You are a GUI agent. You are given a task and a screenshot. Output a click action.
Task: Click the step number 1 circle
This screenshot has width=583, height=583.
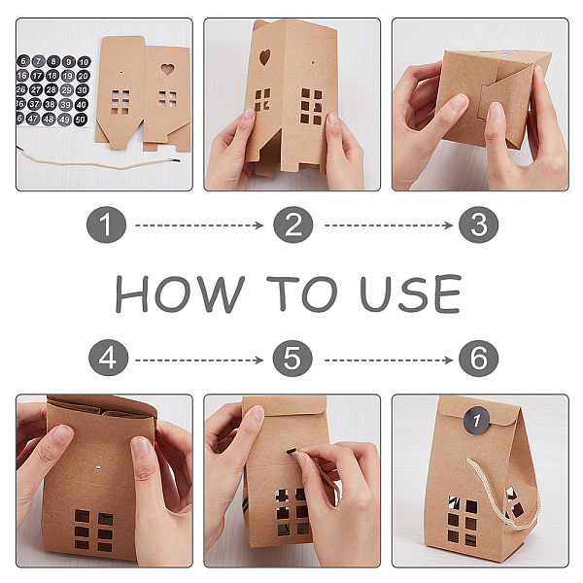click(106, 225)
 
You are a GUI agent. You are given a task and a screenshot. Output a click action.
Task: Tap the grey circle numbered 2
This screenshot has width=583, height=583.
click(293, 225)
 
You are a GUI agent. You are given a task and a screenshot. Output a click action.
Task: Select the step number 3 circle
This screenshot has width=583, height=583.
click(478, 225)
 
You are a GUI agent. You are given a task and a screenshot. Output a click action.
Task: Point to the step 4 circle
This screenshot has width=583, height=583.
click(108, 358)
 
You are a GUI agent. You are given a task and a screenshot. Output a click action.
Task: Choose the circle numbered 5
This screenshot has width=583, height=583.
click(292, 358)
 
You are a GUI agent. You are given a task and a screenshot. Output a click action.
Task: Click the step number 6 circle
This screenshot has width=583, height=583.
click(478, 358)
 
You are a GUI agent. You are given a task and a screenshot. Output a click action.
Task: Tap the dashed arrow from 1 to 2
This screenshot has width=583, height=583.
click(199, 225)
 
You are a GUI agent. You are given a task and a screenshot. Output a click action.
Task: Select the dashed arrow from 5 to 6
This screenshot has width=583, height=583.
click(389, 360)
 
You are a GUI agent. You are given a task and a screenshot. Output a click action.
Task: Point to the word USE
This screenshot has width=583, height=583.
click(411, 293)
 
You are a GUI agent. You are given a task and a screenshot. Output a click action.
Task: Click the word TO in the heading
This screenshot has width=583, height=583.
click(302, 293)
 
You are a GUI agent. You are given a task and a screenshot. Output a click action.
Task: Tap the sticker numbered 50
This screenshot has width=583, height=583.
click(81, 120)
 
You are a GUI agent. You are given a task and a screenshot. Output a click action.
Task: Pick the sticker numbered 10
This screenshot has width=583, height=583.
click(84, 62)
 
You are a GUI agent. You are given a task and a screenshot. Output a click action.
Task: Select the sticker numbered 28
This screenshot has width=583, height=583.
click(51, 89)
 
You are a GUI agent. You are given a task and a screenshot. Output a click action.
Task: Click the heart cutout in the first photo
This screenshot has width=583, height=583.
click(167, 69)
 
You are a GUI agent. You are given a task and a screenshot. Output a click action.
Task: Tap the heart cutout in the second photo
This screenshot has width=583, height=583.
click(264, 57)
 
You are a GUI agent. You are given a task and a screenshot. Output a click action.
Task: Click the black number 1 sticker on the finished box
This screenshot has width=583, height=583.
click(476, 420)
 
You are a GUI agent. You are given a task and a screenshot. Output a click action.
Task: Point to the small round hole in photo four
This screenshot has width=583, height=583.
click(98, 467)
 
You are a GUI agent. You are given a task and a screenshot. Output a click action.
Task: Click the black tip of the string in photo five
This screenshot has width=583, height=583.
click(291, 451)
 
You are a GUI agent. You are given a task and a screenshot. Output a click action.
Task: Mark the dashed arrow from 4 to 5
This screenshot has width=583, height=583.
click(199, 360)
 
